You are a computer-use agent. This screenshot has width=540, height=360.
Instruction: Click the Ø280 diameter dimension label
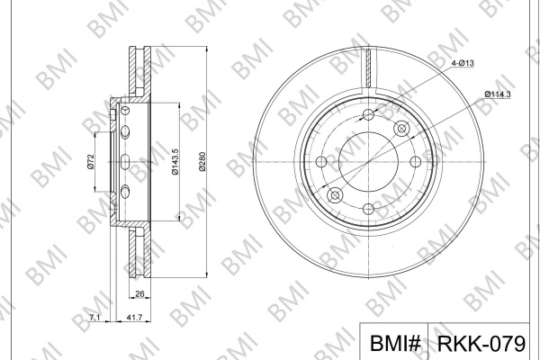click(202, 161)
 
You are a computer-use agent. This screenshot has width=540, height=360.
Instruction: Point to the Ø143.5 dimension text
click(175, 162)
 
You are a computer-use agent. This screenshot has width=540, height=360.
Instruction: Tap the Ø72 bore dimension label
click(91, 162)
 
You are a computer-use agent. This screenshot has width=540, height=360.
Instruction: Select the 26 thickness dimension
click(139, 294)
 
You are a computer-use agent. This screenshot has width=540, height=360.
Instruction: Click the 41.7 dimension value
click(134, 318)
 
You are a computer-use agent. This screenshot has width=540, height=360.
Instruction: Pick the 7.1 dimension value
click(94, 318)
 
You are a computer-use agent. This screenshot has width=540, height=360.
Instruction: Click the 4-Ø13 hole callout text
click(463, 63)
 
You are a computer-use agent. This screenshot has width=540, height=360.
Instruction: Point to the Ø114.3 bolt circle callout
click(498, 94)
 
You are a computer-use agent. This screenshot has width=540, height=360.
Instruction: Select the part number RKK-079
click(481, 344)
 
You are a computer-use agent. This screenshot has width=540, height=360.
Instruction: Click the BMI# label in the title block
click(395, 344)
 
